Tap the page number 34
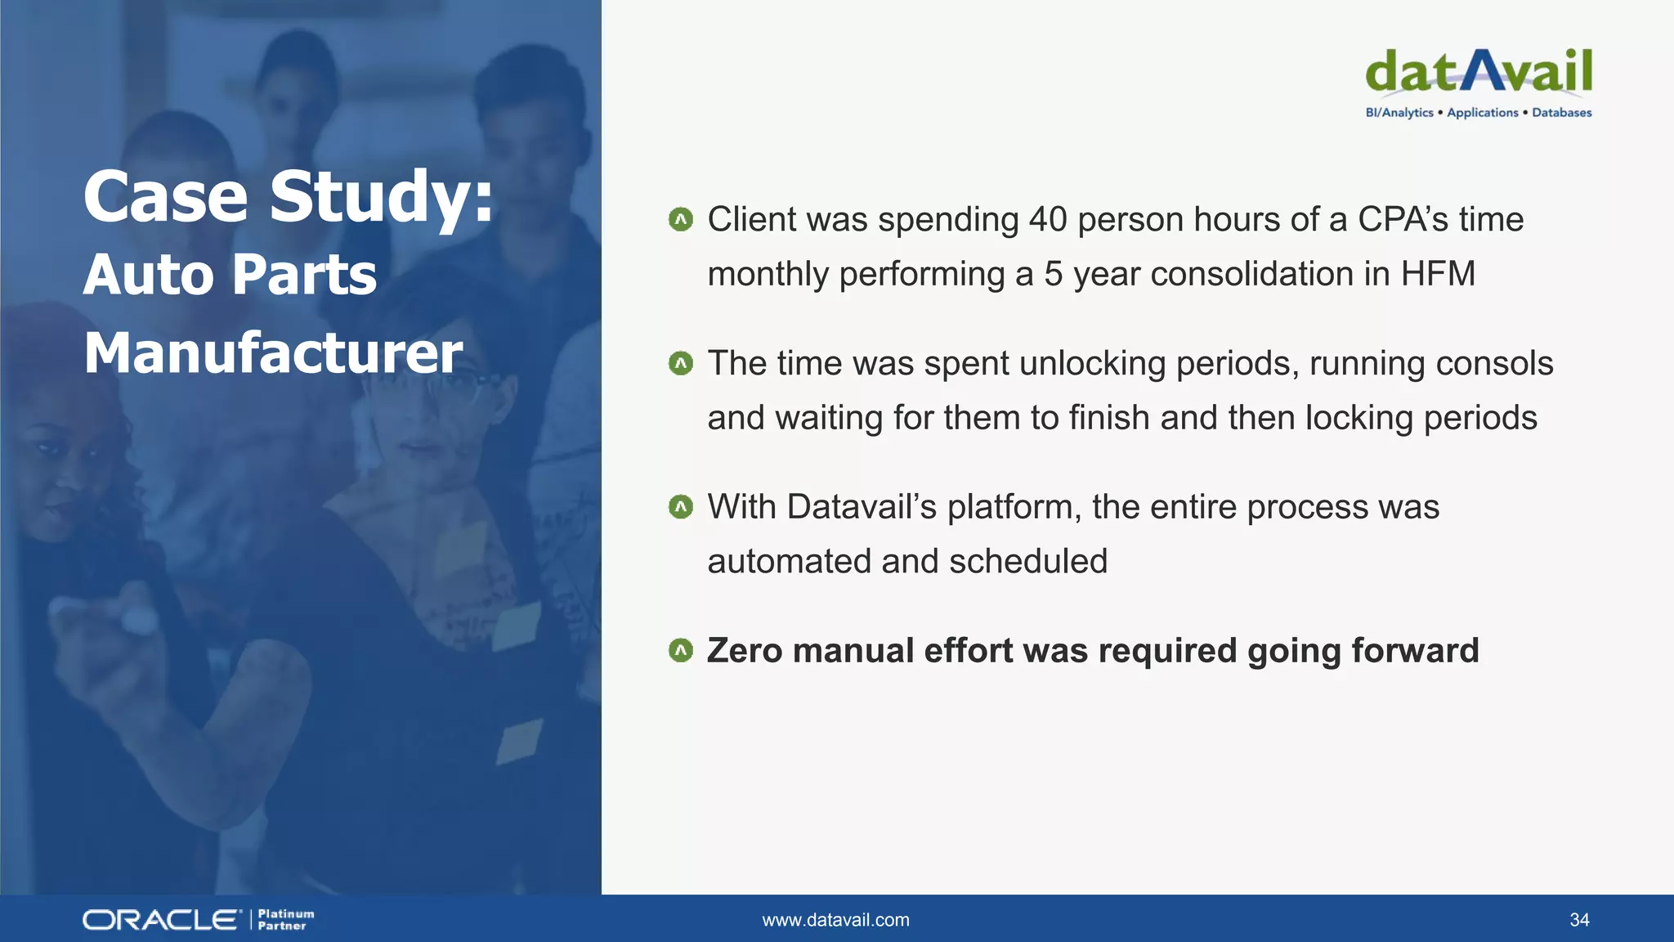point(1579,920)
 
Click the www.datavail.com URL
point(835,920)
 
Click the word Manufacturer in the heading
point(273,353)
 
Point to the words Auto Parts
point(230,274)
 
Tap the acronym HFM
point(1438,274)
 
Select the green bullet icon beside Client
point(680,219)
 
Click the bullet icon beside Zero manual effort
point(680,651)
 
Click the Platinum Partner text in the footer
point(285,920)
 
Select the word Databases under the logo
point(1561,113)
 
